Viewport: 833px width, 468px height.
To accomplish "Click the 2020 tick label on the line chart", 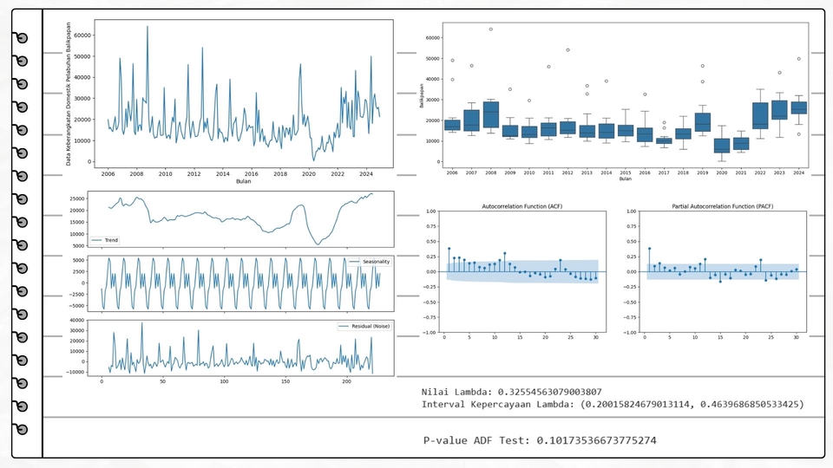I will point(308,173).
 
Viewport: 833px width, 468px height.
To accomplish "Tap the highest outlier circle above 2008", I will point(490,29).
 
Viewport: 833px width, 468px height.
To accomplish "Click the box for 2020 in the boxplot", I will point(721,145).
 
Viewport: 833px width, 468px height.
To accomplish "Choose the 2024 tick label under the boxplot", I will point(798,173).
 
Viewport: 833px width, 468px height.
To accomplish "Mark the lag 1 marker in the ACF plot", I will point(449,249).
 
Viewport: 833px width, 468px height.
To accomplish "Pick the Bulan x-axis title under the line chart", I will point(244,181).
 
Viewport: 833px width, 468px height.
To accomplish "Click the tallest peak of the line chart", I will point(148,27).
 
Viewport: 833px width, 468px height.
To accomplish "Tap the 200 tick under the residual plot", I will point(347,381).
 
